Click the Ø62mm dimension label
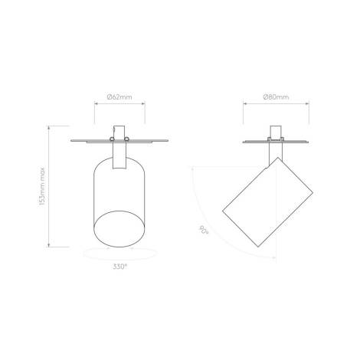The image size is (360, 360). click(x=119, y=97)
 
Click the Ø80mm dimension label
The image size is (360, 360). click(x=276, y=97)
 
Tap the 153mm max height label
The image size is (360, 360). click(x=42, y=186)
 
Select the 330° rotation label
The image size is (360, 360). click(x=120, y=267)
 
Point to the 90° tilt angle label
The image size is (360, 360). click(x=204, y=230)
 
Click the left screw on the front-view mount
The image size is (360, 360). click(x=112, y=139)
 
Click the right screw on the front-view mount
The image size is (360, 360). click(x=126, y=139)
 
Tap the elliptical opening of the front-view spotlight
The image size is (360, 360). click(x=119, y=229)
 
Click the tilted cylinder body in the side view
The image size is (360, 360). click(x=267, y=202)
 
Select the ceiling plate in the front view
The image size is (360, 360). click(x=119, y=141)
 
